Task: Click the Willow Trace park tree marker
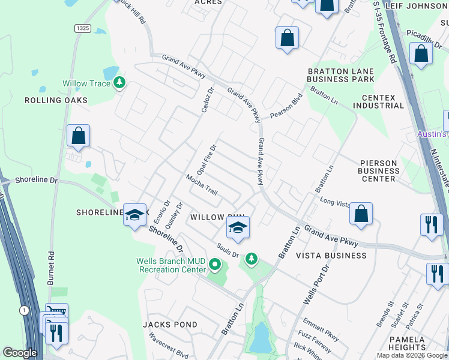pyautogui.click(x=119, y=83)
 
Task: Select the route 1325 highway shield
pyautogui.click(x=83, y=28)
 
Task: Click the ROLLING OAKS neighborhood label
pyautogui.click(x=56, y=100)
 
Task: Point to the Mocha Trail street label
pyautogui.click(x=201, y=184)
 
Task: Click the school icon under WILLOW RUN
pyautogui.click(x=238, y=228)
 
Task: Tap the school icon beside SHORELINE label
pyautogui.click(x=135, y=214)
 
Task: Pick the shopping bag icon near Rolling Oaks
pyautogui.click(x=79, y=136)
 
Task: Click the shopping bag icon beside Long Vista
pyautogui.click(x=361, y=214)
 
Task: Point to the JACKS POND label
pyautogui.click(x=170, y=325)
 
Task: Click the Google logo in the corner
pyautogui.click(x=20, y=353)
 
